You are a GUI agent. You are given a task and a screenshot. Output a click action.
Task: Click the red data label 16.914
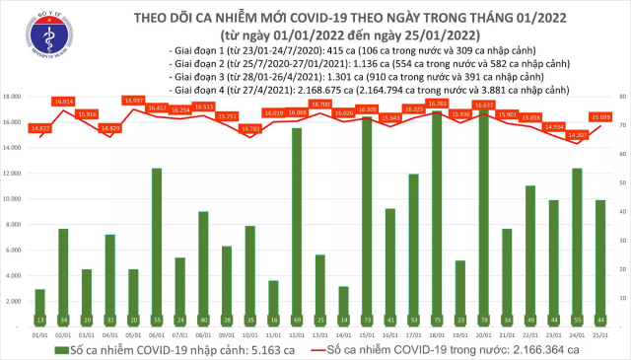(65, 101)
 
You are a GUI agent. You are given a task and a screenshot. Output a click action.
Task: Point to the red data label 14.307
(577, 133)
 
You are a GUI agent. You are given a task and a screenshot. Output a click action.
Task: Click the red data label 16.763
(437, 102)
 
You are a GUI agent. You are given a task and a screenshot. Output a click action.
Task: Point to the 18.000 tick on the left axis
(14, 97)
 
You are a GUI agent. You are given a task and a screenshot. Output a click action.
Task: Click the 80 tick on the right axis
(619, 97)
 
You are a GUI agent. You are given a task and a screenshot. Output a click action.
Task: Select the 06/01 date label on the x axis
(157, 333)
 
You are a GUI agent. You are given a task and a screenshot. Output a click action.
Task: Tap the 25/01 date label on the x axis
(600, 333)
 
